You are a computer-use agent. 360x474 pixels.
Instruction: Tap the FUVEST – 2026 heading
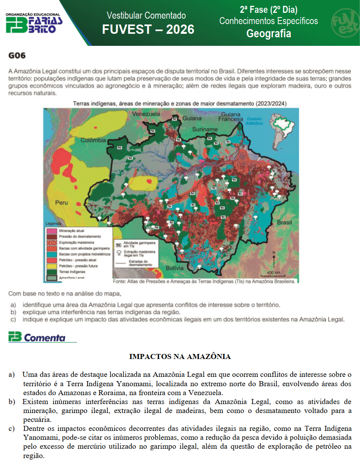(148, 30)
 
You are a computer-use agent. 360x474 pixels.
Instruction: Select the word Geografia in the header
(269, 34)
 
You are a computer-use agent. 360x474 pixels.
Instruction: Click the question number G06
(17, 56)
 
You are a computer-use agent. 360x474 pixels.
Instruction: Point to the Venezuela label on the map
(146, 114)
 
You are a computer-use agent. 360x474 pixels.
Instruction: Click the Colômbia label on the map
(93, 140)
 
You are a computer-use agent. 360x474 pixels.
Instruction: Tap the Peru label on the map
(61, 202)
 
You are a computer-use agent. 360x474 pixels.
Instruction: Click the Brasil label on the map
(284, 223)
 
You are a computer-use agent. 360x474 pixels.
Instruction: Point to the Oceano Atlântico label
(254, 121)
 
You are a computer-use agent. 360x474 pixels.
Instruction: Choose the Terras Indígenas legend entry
(72, 272)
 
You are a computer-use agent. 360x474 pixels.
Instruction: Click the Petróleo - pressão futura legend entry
(78, 266)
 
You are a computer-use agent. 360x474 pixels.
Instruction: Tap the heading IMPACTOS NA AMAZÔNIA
(180, 357)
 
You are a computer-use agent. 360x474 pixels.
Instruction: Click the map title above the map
(180, 103)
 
